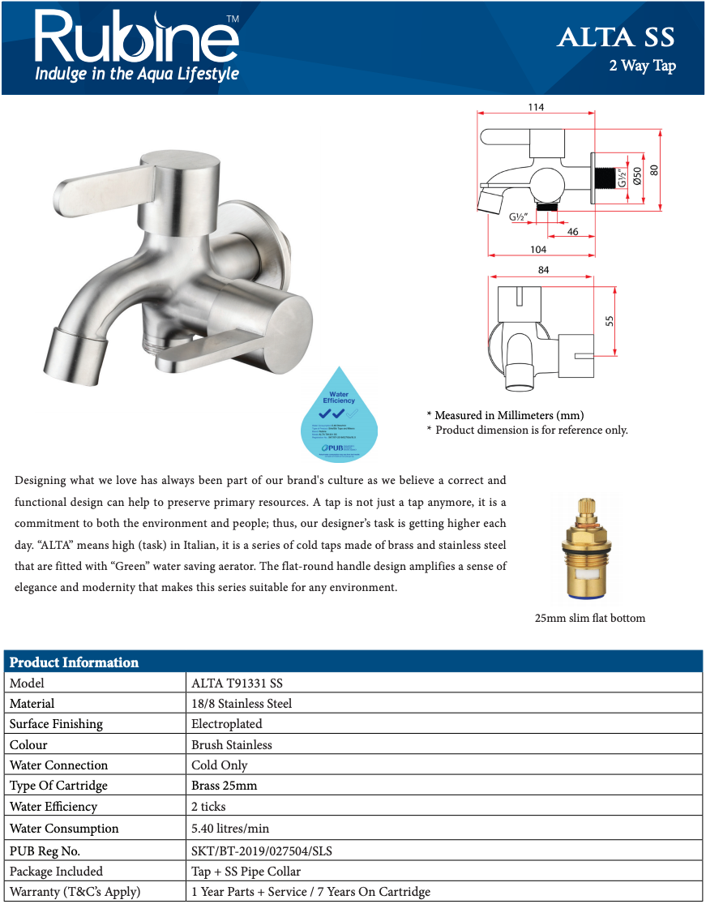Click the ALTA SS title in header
(615, 37)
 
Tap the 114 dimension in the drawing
(535, 107)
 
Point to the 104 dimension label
(537, 249)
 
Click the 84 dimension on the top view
(543, 270)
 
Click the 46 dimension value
(572, 232)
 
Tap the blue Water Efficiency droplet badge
(339, 418)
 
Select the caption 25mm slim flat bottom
(589, 618)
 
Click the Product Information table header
(74, 662)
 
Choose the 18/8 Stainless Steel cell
(242, 704)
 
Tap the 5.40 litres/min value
(230, 829)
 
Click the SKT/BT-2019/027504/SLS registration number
(261, 851)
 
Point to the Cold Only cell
(219, 765)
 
